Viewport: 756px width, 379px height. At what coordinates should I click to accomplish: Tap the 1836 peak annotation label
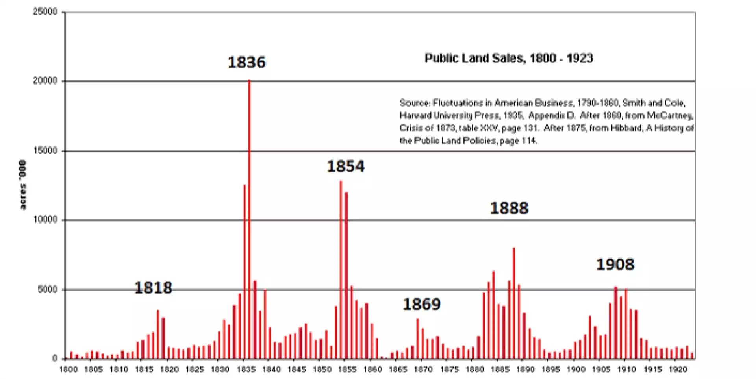[x=247, y=62]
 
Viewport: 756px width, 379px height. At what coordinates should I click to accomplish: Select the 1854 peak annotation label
[x=346, y=166]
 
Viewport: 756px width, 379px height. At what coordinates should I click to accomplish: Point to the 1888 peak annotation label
[x=509, y=208]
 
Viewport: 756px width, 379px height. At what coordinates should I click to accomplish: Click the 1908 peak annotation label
[x=615, y=264]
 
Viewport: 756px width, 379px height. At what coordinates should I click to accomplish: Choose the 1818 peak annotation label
[x=153, y=288]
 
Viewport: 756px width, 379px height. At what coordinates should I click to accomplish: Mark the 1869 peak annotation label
[x=421, y=304]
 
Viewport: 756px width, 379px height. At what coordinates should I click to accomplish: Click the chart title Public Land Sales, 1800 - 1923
[x=508, y=58]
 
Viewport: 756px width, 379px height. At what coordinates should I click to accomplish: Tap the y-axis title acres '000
[x=23, y=185]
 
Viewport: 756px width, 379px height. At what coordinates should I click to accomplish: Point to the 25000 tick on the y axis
[x=45, y=12]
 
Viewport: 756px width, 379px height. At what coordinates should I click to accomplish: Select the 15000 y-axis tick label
[x=45, y=150]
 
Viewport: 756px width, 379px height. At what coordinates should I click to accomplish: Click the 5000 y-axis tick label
[x=47, y=289]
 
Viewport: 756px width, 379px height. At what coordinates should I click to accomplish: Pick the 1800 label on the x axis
[x=68, y=369]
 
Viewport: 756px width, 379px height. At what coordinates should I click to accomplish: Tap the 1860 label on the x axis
[x=372, y=369]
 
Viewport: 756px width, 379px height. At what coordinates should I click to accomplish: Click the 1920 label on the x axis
[x=678, y=369]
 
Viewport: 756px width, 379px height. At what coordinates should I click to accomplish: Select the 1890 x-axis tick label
[x=525, y=369]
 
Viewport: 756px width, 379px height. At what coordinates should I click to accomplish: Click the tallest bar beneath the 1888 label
[x=514, y=303]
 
